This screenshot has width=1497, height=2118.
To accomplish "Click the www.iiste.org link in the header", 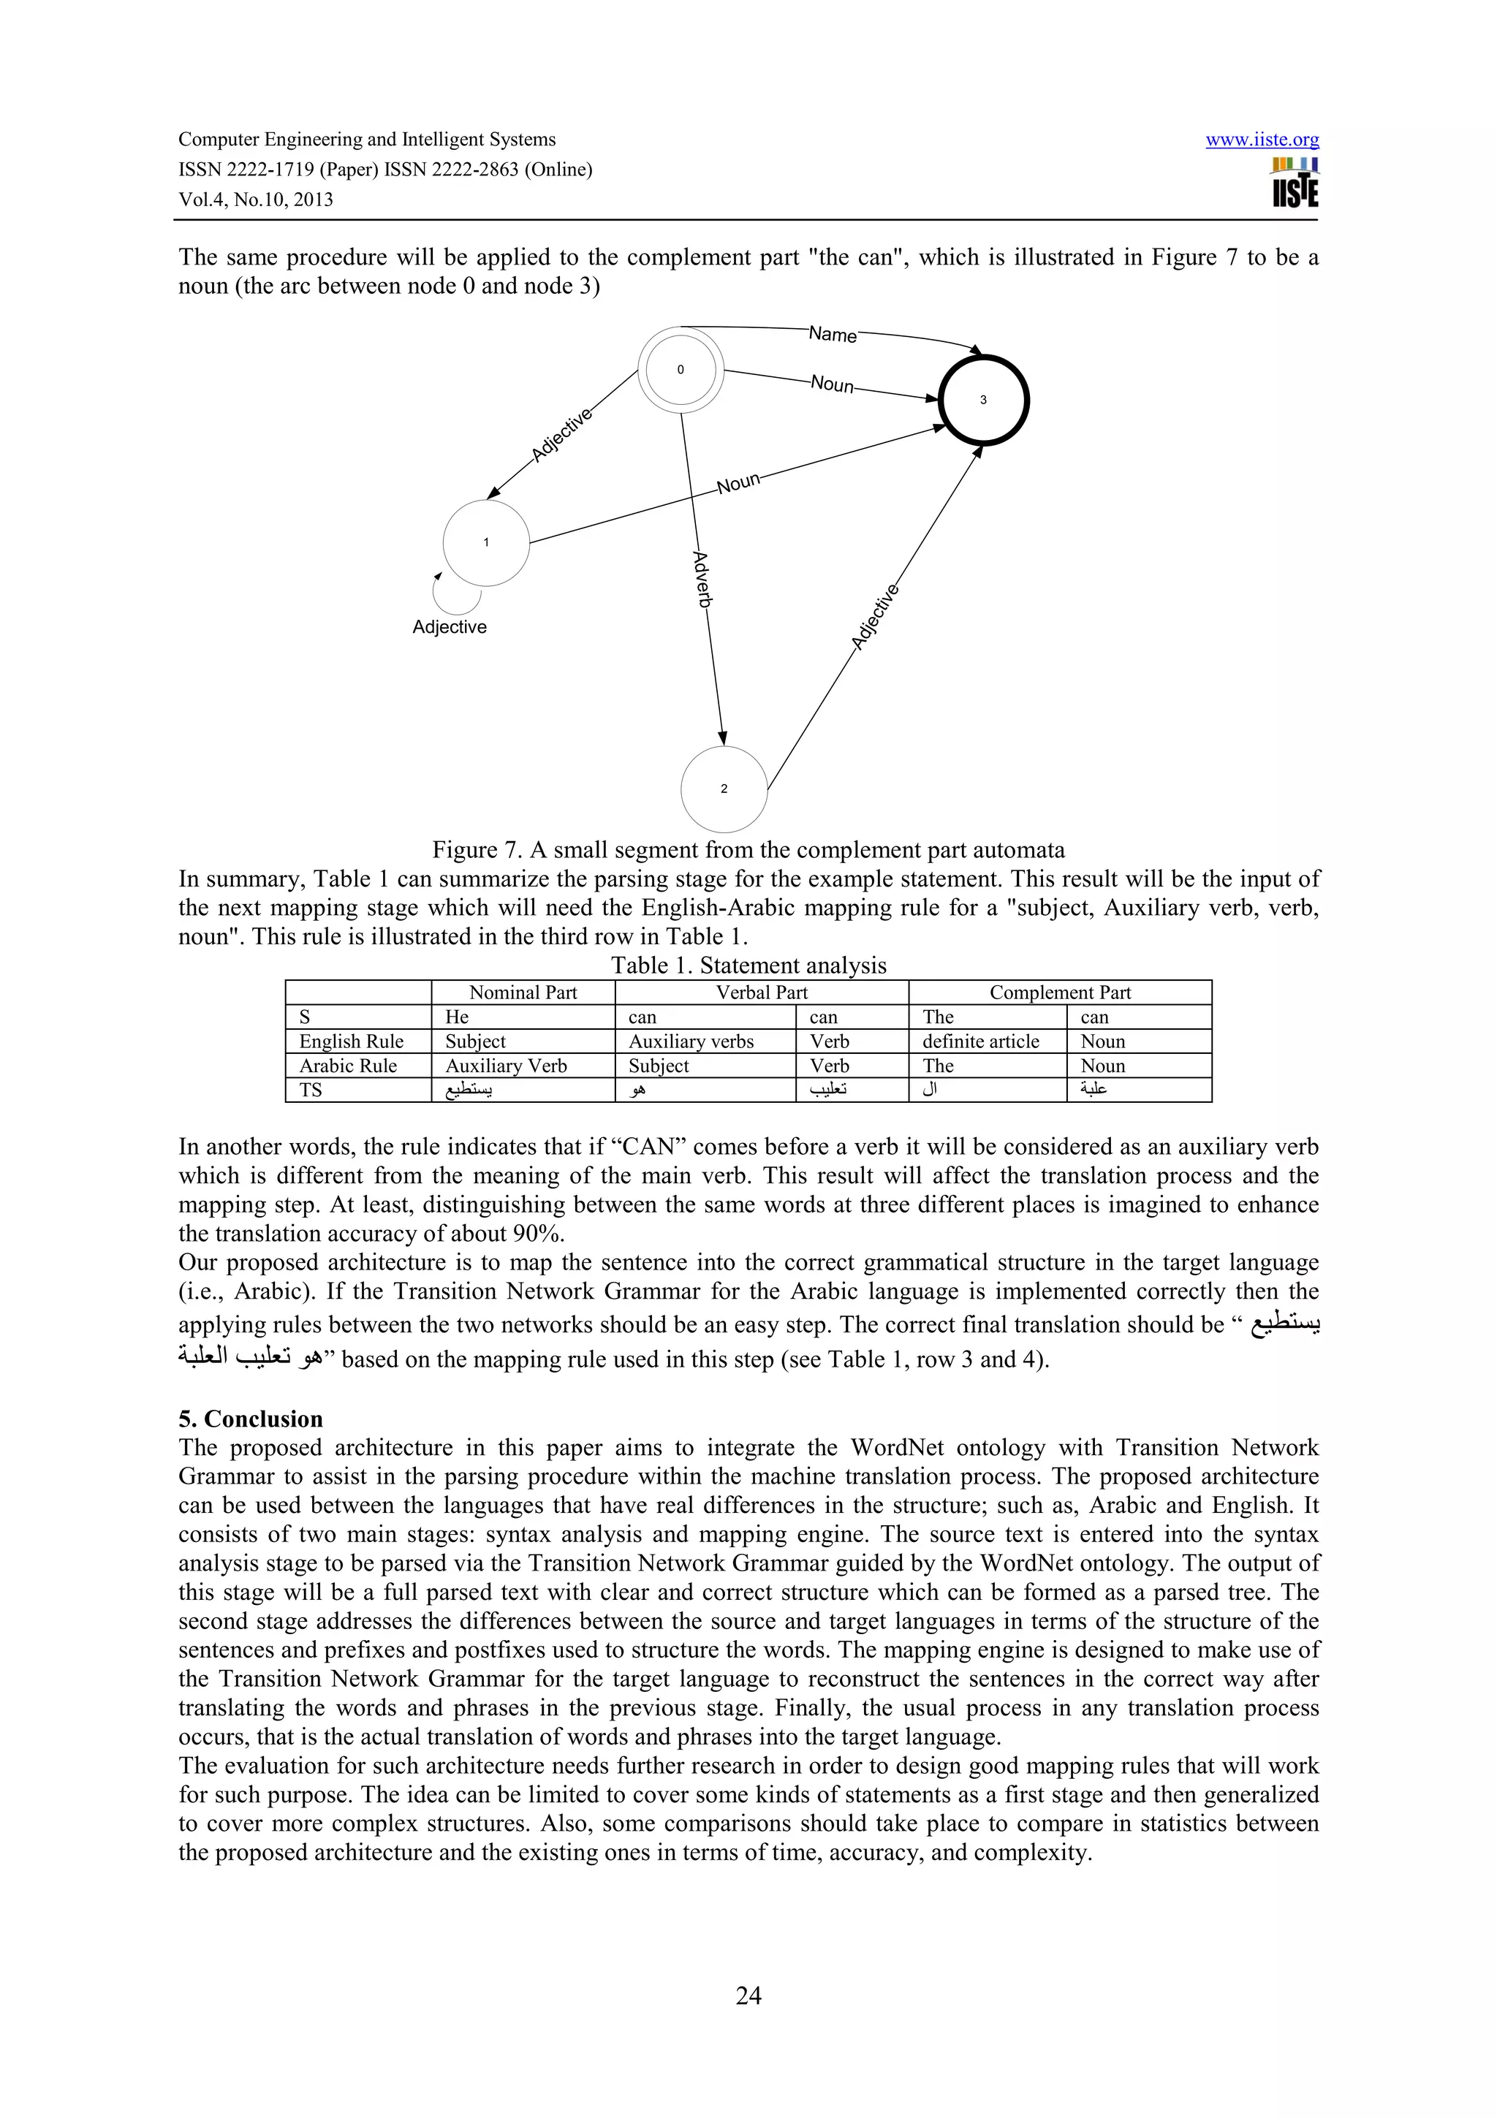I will click(1262, 140).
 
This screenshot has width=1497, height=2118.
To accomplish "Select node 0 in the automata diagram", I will click(681, 370).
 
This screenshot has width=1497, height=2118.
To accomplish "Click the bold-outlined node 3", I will click(983, 401).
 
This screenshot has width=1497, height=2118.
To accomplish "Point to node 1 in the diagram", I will click(486, 542).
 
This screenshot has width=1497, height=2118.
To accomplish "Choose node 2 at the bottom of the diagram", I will click(724, 789).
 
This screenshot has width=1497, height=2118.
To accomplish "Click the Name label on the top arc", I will click(832, 335).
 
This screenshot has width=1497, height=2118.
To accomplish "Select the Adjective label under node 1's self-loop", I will click(450, 627).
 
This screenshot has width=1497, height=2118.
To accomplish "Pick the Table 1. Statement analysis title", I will click(748, 966).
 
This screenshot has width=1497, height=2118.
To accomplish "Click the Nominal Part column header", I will click(523, 992).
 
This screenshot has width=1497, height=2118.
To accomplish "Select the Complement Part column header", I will click(1060, 992).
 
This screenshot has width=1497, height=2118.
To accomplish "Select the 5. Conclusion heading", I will click(251, 1419).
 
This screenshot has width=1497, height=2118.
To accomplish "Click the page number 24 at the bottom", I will click(748, 1995).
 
